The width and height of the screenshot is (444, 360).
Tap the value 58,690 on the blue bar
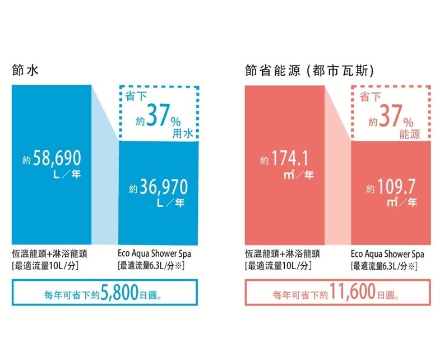(58, 158)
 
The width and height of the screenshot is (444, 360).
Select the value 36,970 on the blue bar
(164, 187)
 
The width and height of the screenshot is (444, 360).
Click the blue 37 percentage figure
(158, 118)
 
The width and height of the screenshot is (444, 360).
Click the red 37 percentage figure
(391, 118)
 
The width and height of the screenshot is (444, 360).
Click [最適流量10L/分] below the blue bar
(45, 265)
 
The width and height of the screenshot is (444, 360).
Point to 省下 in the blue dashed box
(136, 96)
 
